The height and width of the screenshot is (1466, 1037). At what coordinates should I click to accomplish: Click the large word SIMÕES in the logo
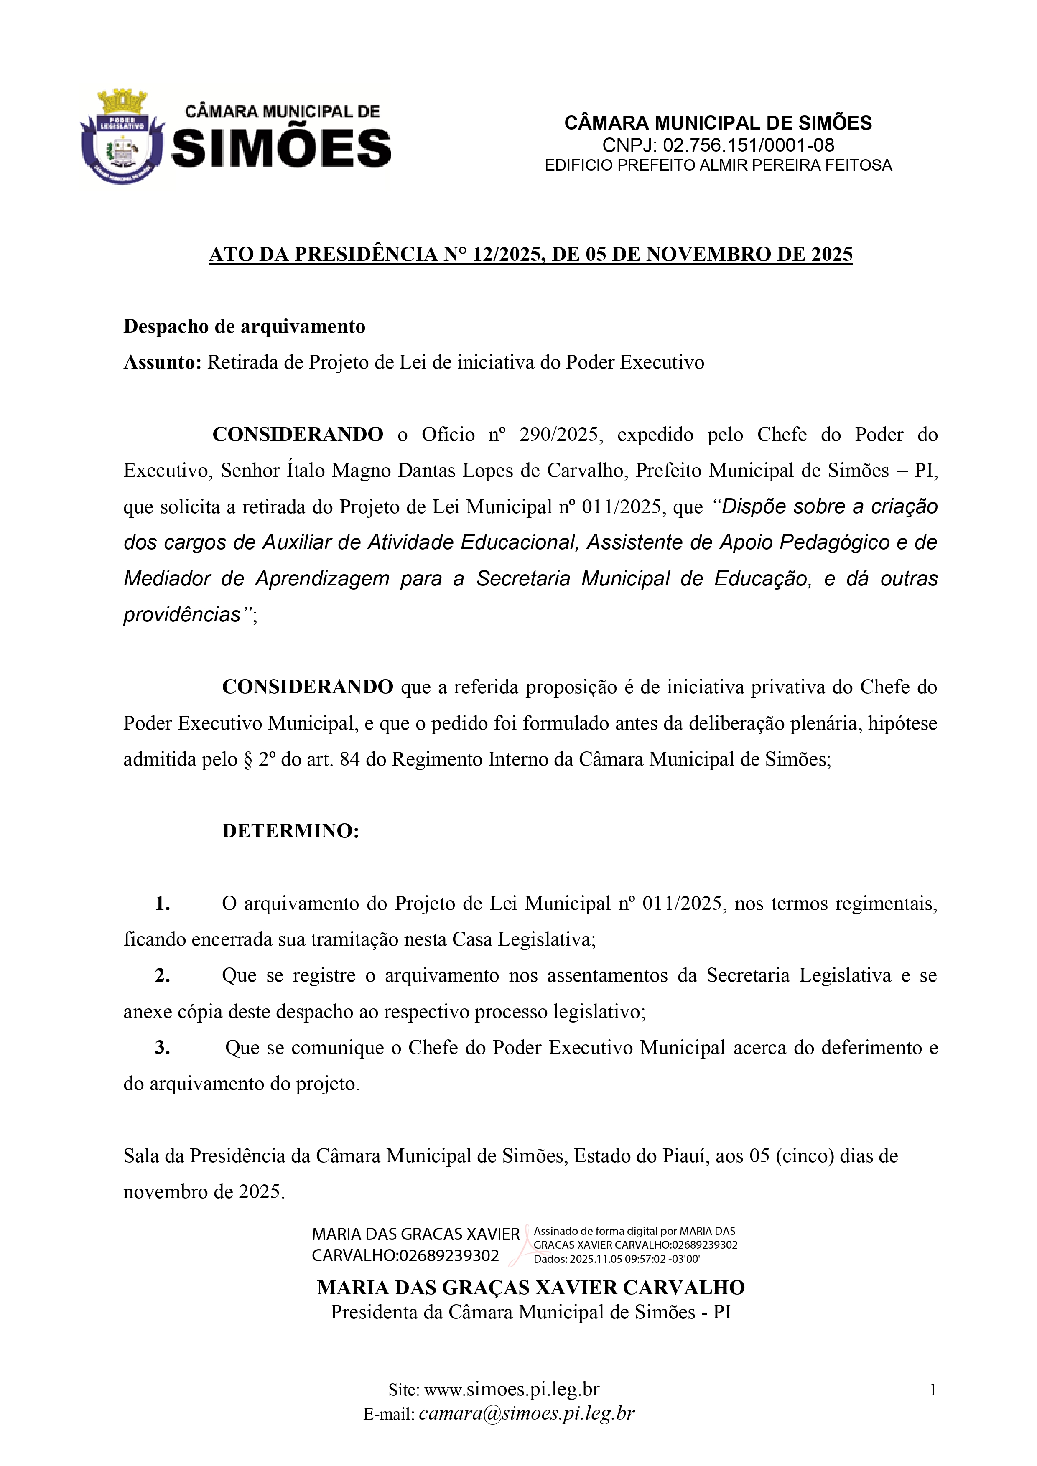(x=281, y=148)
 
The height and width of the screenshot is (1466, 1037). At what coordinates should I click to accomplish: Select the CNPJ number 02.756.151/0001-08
(x=748, y=145)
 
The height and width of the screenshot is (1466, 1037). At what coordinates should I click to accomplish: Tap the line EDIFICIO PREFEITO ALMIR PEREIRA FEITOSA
(x=718, y=165)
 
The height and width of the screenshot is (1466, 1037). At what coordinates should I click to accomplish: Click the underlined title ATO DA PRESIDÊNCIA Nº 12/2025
(x=530, y=254)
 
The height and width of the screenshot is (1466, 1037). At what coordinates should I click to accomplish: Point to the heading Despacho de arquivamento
(x=244, y=326)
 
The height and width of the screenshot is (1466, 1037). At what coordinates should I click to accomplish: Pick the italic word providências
(x=182, y=614)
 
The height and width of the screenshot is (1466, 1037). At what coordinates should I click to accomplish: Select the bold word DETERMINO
(x=290, y=831)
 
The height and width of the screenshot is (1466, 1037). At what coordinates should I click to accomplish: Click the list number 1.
(x=162, y=904)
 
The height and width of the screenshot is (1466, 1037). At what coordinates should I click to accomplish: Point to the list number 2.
(x=162, y=976)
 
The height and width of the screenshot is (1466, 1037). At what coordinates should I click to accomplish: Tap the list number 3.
(x=162, y=1048)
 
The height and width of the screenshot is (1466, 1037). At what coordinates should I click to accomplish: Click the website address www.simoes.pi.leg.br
(x=512, y=1390)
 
